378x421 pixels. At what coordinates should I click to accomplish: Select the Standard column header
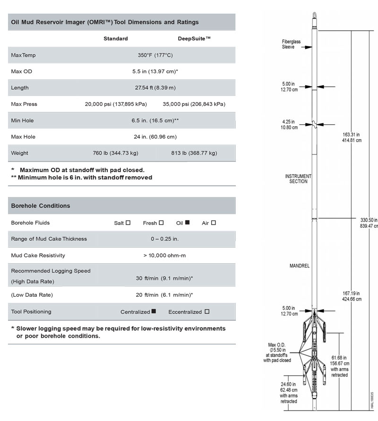(116, 39)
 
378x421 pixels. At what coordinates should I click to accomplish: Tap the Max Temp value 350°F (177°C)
(155, 55)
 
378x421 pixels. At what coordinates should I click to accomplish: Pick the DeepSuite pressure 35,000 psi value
(194, 104)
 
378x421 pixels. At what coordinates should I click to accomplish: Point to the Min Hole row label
(22, 120)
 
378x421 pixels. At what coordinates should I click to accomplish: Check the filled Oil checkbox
(187, 223)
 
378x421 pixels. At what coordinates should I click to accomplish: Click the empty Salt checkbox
(128, 223)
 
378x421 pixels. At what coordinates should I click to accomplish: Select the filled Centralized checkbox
(154, 311)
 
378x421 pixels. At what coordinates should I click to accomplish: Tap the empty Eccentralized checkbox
(207, 311)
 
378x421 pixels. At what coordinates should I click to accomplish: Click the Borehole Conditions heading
(41, 206)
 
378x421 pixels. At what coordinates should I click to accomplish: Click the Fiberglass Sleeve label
(289, 44)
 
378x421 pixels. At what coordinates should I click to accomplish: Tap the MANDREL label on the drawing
(299, 266)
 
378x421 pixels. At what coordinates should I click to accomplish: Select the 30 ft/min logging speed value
(164, 278)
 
